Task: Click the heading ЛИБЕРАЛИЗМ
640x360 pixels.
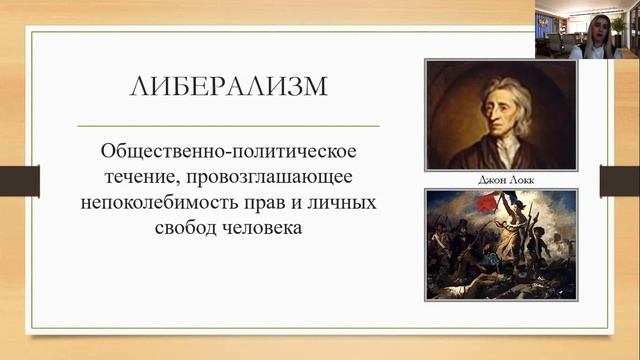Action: pyautogui.click(x=228, y=87)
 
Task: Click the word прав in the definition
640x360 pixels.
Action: pyautogui.click(x=276, y=202)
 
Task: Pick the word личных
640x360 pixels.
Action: pyautogui.click(x=345, y=202)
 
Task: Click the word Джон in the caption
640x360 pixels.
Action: pyautogui.click(x=487, y=181)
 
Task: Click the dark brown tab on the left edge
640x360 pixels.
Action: pyautogui.click(x=19, y=180)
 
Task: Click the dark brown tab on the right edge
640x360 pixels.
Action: pyautogui.click(x=620, y=180)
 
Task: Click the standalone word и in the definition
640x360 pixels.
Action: pyautogui.click(x=311, y=202)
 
